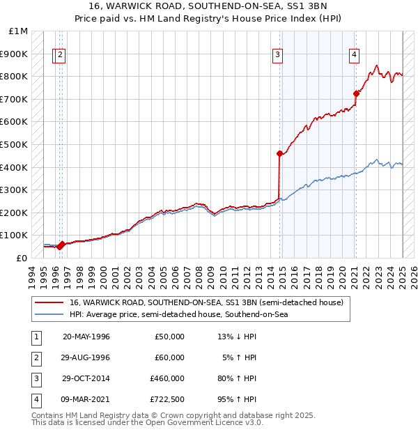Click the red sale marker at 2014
[279, 153]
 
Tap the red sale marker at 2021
[355, 93]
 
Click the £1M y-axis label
[19, 31]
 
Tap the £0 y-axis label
[21, 258]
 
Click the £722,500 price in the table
[167, 399]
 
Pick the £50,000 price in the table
[169, 337]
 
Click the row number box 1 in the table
[36, 337]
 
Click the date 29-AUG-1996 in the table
[86, 357]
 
